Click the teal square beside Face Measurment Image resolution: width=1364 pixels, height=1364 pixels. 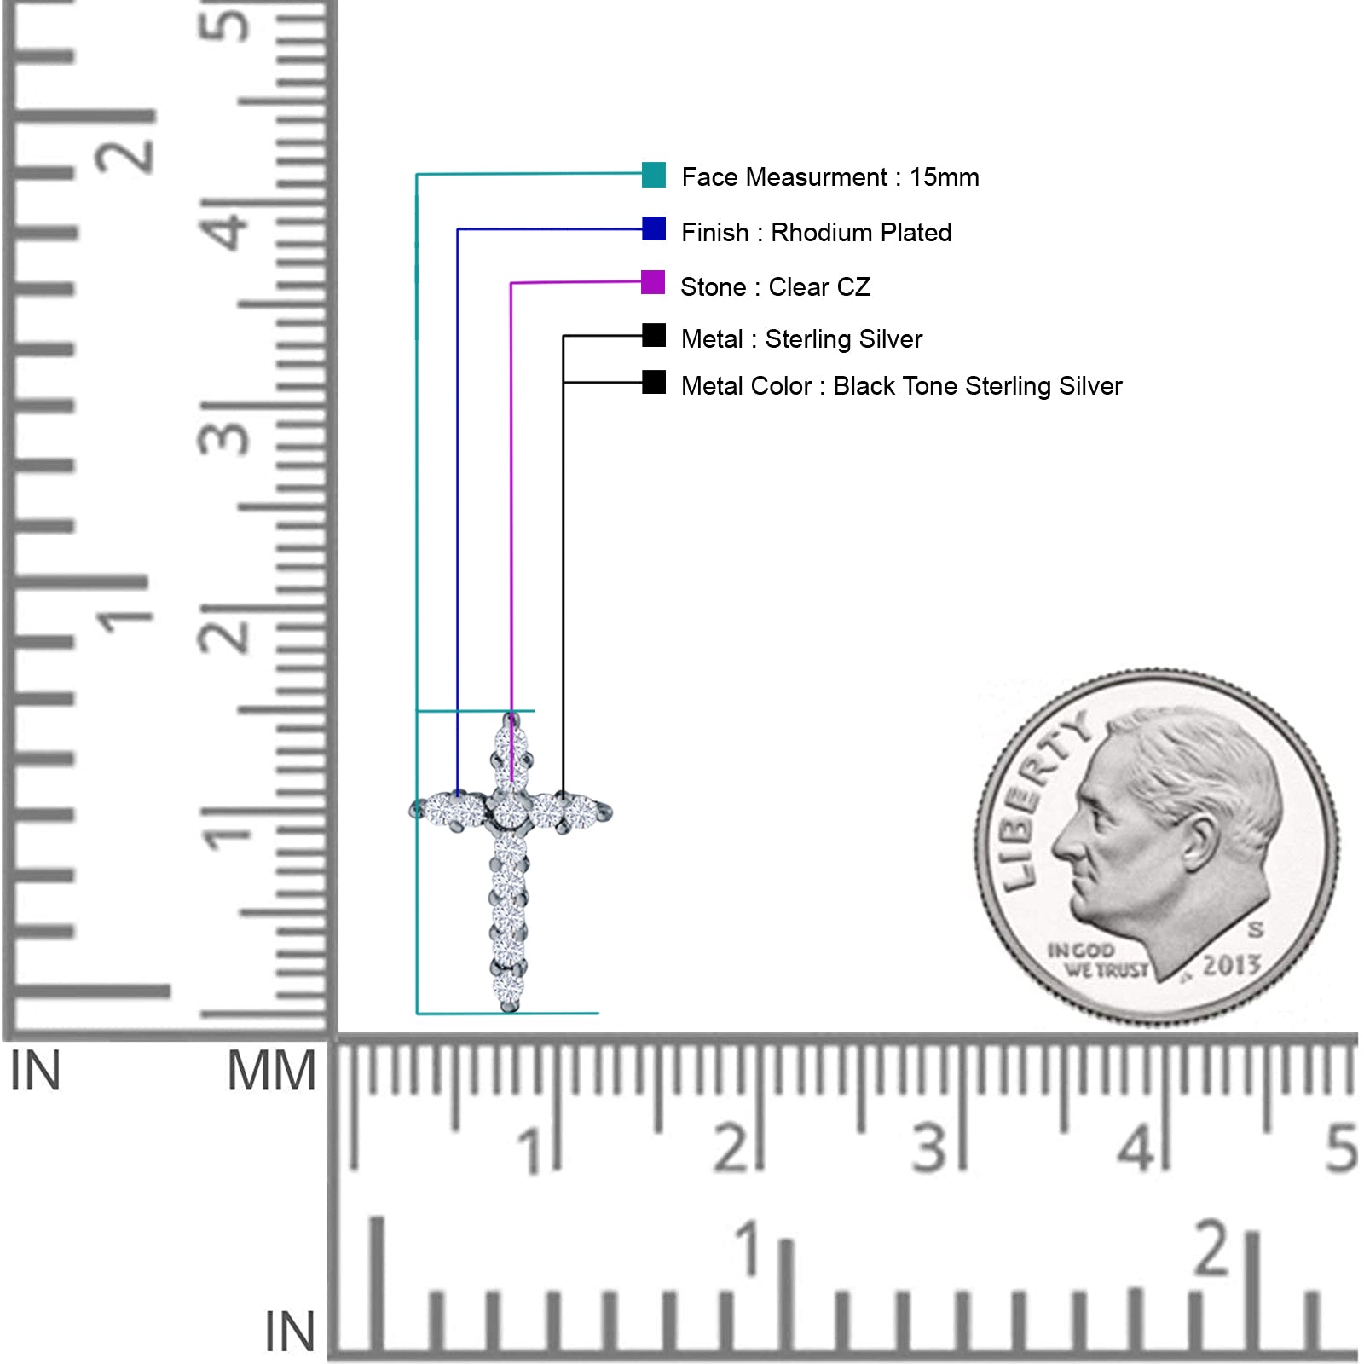[654, 175]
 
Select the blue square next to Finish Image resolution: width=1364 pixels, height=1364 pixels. [654, 228]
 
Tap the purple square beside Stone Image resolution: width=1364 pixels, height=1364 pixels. [653, 282]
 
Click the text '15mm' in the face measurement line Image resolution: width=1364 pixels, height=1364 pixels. [944, 177]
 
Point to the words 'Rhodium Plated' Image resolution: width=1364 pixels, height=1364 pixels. [861, 233]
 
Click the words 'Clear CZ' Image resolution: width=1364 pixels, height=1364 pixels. [819, 287]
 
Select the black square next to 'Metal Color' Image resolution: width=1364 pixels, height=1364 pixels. [654, 382]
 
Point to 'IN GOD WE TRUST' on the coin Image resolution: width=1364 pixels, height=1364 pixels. [1096, 960]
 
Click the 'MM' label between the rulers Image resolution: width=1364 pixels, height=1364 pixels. [271, 1072]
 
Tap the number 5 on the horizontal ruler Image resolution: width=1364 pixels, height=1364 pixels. [1341, 1147]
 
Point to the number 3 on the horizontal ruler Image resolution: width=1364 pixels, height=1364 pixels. [929, 1147]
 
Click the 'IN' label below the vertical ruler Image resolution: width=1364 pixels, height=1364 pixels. [35, 1072]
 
